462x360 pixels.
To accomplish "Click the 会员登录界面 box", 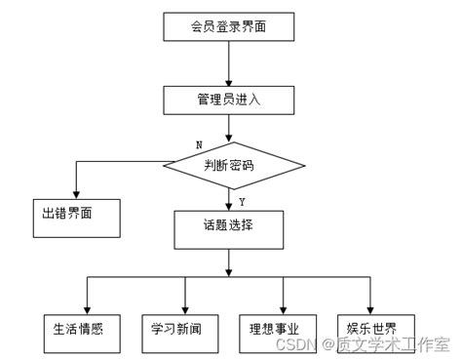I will [228, 26].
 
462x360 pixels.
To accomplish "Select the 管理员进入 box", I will [228, 99].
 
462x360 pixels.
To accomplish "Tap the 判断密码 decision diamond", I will [229, 165].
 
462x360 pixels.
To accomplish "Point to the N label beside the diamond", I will [200, 144].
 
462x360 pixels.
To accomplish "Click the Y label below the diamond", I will [242, 202].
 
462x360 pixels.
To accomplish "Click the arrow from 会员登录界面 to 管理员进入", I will [228, 63].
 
